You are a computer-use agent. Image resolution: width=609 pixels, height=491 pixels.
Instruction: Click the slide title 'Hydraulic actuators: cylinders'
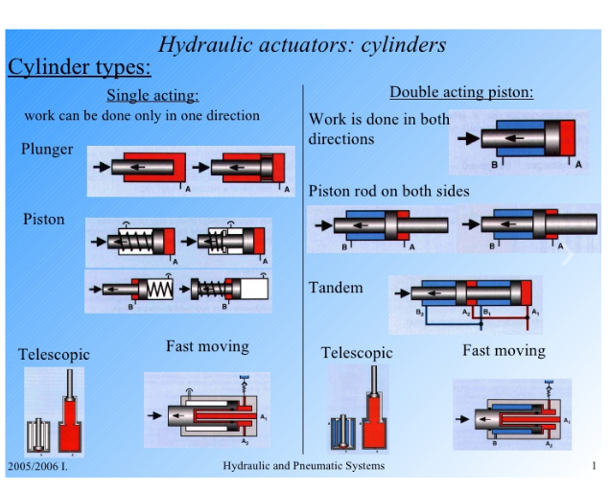(301, 44)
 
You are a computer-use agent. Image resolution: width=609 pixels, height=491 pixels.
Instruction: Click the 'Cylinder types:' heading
(80, 67)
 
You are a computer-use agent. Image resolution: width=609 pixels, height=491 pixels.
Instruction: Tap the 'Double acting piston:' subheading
(460, 92)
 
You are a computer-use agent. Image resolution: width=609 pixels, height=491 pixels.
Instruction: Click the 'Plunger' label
(47, 150)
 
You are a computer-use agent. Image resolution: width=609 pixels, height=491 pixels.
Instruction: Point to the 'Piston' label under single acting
(44, 219)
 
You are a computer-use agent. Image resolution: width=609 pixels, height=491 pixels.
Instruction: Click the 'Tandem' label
(336, 288)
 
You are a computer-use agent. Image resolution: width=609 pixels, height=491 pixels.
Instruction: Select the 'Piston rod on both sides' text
(388, 191)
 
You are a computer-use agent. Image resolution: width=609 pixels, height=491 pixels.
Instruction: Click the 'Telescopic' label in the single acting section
(54, 354)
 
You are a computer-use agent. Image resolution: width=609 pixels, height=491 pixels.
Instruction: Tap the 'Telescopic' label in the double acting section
(357, 353)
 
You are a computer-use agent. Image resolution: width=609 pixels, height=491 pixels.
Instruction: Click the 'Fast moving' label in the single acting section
(207, 346)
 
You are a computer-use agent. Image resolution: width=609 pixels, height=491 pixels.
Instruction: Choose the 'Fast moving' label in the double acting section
(504, 350)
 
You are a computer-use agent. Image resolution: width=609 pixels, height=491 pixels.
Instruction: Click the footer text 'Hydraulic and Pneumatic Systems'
(303, 466)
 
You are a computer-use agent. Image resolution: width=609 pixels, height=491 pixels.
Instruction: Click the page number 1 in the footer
(594, 466)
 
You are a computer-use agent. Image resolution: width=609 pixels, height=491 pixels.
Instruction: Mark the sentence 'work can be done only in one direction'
(142, 115)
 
